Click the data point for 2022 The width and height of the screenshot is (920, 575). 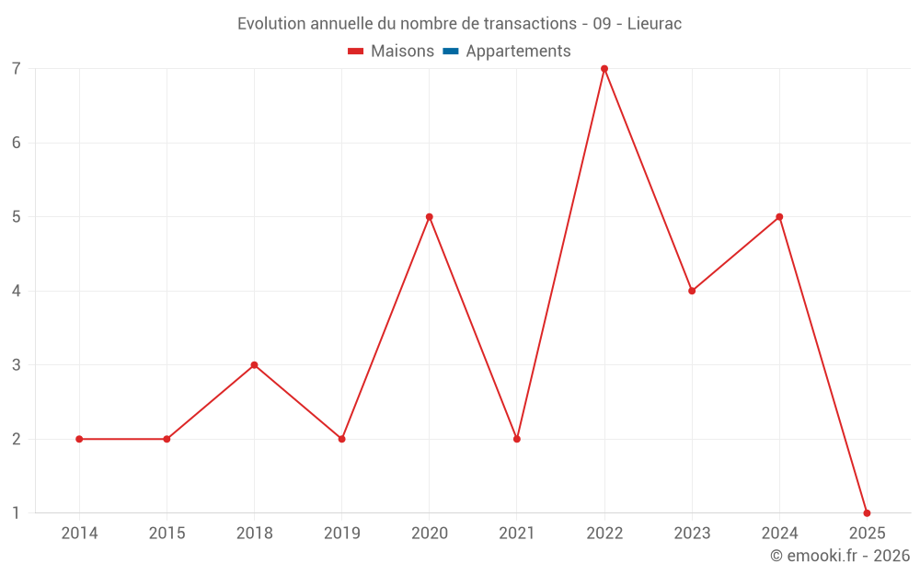click(x=604, y=69)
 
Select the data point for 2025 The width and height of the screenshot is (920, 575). click(x=867, y=512)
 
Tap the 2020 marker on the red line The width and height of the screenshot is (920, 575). click(x=430, y=217)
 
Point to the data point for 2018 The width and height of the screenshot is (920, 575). click(x=254, y=365)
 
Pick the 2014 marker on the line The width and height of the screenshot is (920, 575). click(x=79, y=439)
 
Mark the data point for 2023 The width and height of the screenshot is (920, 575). click(x=692, y=291)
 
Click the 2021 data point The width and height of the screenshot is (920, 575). click(x=517, y=439)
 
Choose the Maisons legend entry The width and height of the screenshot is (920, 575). click(x=401, y=52)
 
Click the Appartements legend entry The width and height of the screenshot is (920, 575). click(x=517, y=52)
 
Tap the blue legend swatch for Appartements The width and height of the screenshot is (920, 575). click(x=451, y=52)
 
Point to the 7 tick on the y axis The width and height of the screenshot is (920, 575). click(x=17, y=69)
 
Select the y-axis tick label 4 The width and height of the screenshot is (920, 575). click(x=17, y=291)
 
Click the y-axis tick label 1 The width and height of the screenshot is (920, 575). click(x=17, y=512)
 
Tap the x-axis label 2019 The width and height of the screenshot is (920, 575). click(x=341, y=534)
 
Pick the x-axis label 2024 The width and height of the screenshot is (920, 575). click(x=779, y=534)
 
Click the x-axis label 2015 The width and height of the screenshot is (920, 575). click(x=167, y=534)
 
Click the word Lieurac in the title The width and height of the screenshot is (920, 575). click(x=654, y=24)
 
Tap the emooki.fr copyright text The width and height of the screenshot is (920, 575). click(x=839, y=556)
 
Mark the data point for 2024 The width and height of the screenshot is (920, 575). click(x=779, y=217)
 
